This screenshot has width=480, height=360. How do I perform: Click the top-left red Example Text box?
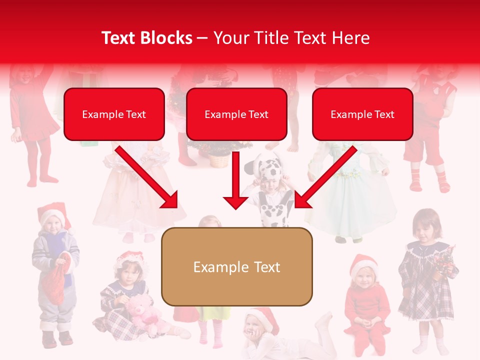click(114, 114)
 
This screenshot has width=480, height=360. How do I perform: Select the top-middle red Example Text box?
click(236, 114)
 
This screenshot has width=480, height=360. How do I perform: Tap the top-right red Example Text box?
click(362, 114)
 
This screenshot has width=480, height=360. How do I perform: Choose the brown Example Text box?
click(236, 267)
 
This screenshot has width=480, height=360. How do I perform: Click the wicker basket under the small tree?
click(218, 160)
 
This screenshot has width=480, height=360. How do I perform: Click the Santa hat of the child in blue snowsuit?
click(52, 212)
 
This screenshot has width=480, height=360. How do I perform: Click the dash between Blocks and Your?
click(202, 38)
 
